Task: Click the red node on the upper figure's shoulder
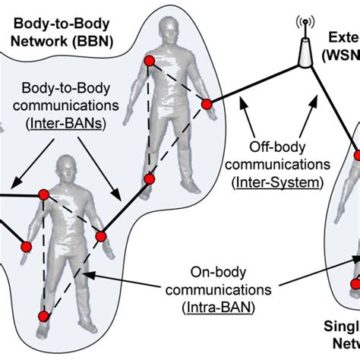(x=150, y=61)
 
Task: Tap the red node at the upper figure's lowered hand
(x=150, y=179)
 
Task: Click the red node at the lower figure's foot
(x=45, y=315)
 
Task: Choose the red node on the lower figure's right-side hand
(x=100, y=236)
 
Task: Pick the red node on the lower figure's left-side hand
(x=25, y=246)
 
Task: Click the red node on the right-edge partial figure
(x=354, y=283)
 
